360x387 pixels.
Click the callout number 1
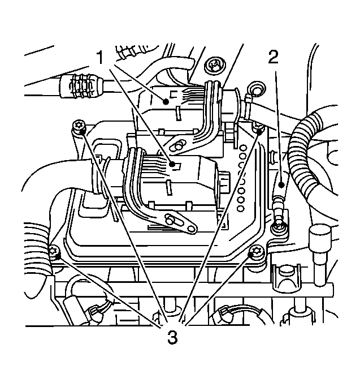click(100, 58)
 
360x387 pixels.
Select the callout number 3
click(172, 338)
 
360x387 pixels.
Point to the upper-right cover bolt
click(258, 127)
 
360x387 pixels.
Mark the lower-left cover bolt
click(54, 252)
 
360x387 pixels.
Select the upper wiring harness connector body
click(161, 105)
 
